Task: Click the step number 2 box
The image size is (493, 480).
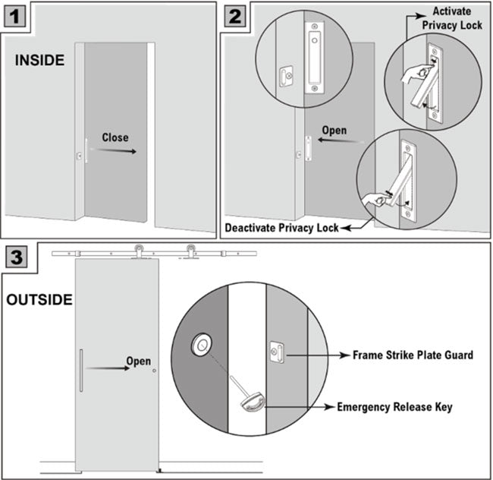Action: [235, 14]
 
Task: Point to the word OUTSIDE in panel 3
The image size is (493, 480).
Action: [39, 299]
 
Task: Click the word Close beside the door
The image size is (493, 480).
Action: [114, 137]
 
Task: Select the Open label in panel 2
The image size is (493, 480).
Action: [334, 131]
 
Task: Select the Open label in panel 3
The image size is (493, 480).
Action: [138, 361]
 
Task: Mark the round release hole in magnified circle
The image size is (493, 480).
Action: [203, 346]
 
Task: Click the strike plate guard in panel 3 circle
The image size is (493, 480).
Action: [277, 353]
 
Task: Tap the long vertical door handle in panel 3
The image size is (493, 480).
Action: [81, 371]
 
